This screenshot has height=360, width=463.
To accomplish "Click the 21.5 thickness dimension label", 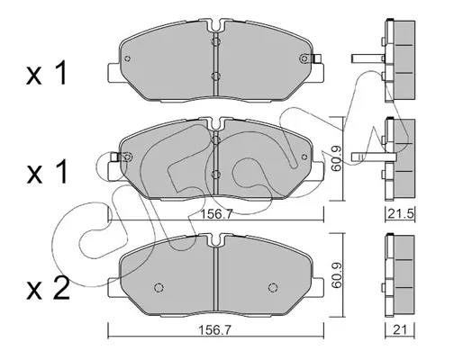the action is tap(401, 214).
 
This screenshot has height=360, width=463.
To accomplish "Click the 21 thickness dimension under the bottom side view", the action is tap(401, 330).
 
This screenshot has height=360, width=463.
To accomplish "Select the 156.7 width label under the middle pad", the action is tap(216, 214).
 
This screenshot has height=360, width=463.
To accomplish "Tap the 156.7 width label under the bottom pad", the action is tap(214, 330).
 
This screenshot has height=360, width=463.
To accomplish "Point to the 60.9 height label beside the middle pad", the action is tap(335, 157).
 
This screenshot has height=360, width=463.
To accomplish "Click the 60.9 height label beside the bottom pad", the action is tap(335, 275).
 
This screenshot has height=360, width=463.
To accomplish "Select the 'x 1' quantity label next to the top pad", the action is tap(47, 73).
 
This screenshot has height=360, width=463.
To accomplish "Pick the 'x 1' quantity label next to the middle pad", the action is tap(47, 171).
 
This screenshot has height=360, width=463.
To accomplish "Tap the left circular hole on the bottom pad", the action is tap(159, 287).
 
